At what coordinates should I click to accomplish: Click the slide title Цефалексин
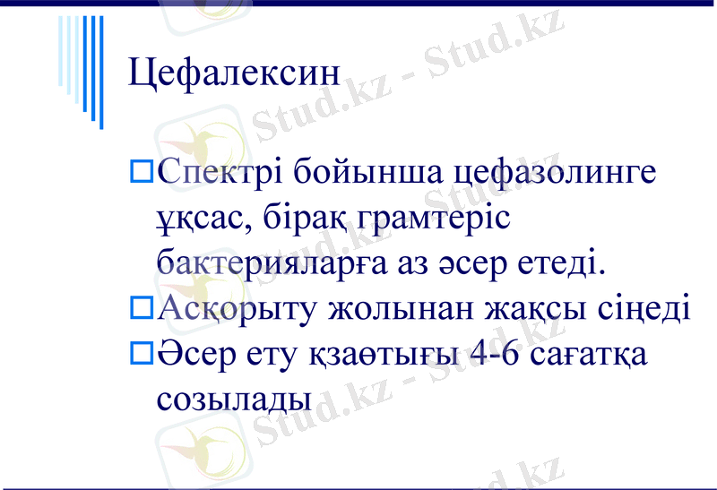[235, 73]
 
